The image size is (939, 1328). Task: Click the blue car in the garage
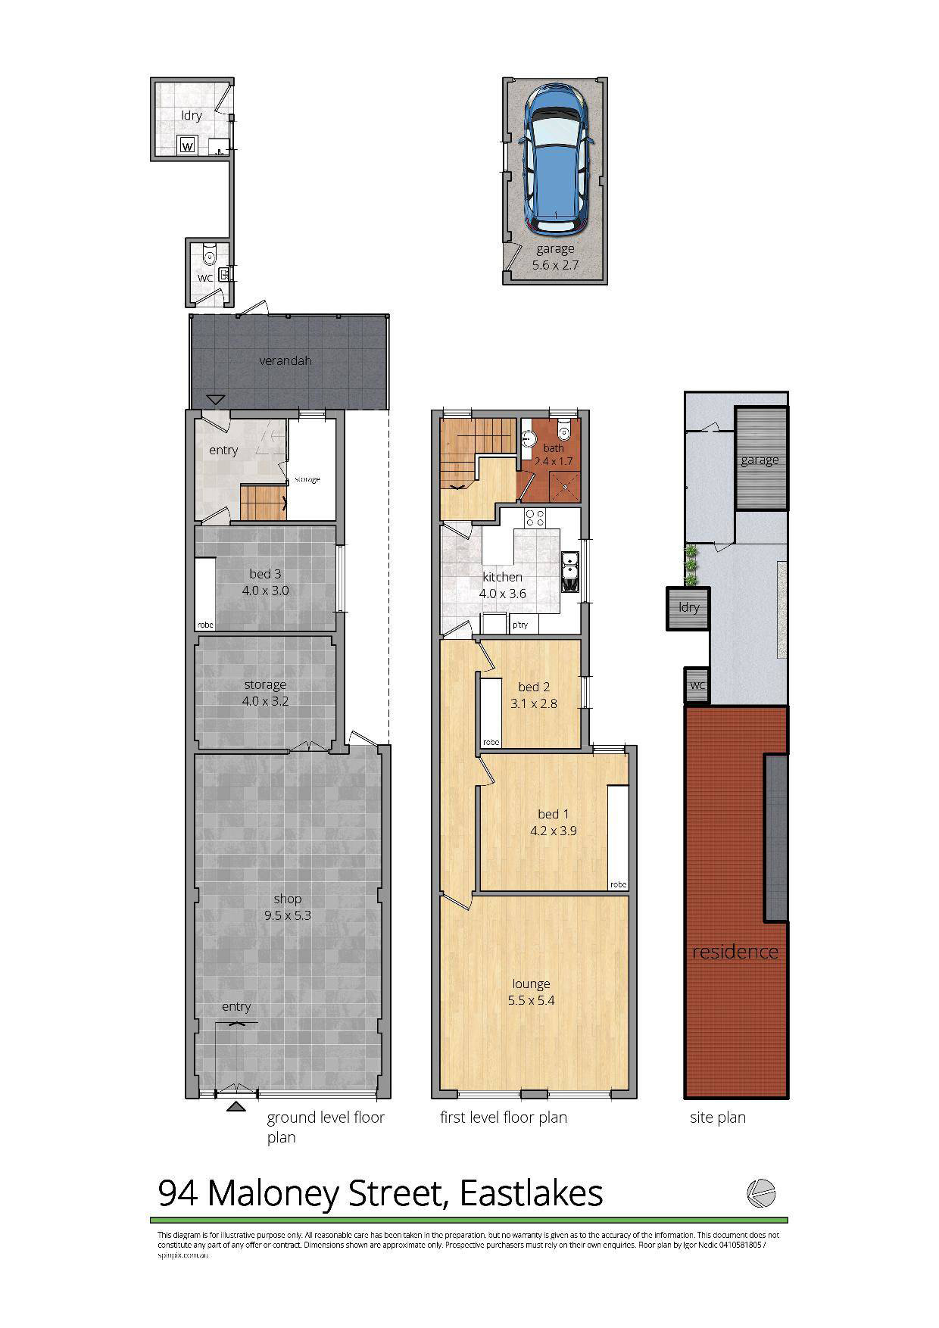click(555, 160)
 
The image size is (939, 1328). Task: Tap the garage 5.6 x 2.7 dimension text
click(555, 265)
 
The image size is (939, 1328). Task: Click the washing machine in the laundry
click(187, 145)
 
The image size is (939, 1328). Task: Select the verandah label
click(285, 360)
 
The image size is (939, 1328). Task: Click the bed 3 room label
click(265, 574)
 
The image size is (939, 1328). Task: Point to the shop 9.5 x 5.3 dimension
click(288, 915)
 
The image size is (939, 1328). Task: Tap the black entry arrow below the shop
click(236, 1108)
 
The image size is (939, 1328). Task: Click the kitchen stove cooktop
click(535, 518)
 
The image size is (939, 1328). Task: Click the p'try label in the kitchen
click(520, 625)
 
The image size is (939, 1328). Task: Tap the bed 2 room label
click(534, 687)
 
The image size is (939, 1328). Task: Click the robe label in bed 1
click(619, 884)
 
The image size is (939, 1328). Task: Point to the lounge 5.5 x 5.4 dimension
click(531, 1000)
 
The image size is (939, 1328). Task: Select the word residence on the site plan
click(735, 952)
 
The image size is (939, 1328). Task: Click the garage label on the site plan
click(760, 460)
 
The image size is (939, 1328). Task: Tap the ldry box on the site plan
click(689, 607)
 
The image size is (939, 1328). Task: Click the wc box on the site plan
click(697, 685)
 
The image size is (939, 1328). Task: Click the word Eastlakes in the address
click(532, 1193)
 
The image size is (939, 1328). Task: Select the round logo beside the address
click(761, 1193)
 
